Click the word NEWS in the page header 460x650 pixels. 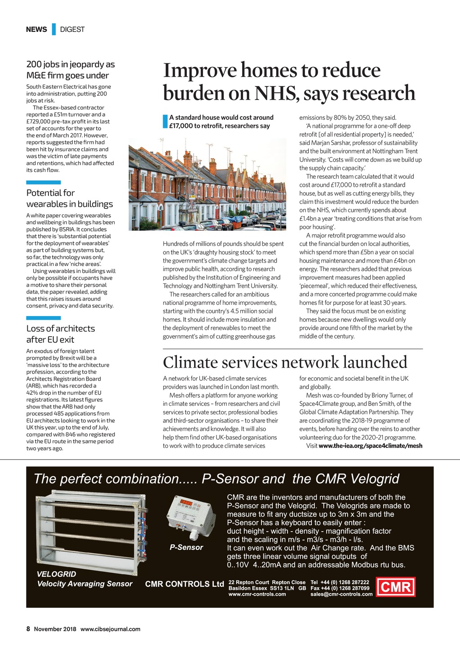[x=36, y=29]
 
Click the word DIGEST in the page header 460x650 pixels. [x=72, y=29]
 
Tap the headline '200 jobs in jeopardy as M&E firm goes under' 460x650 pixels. [x=71, y=70]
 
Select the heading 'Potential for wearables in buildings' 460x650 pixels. [x=70, y=198]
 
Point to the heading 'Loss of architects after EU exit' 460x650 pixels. [x=61, y=334]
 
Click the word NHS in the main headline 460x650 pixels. [x=274, y=93]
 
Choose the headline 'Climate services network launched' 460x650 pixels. [x=285, y=362]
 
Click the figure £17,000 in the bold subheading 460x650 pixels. [x=181, y=126]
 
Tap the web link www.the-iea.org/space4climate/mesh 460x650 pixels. [x=370, y=446]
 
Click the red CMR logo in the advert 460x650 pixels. [x=396, y=587]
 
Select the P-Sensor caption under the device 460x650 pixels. [x=186, y=547]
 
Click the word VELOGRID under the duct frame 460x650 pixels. [x=57, y=574]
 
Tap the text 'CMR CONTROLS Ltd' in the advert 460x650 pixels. [x=184, y=584]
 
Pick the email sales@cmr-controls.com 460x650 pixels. [x=341, y=594]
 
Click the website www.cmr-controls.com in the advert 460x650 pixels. [x=257, y=594]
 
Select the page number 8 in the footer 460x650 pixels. [x=28, y=629]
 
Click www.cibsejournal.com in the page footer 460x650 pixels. [x=111, y=629]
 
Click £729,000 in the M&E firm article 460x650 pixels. [x=40, y=121]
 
